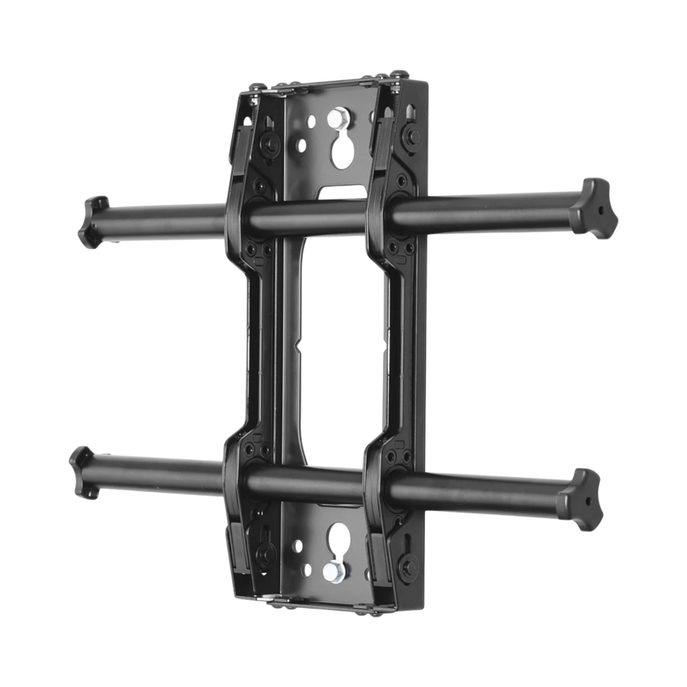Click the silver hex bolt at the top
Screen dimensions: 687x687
340,117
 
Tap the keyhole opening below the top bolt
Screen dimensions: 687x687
343,151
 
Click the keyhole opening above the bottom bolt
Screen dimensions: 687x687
339,536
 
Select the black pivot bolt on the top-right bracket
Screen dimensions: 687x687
412,137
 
